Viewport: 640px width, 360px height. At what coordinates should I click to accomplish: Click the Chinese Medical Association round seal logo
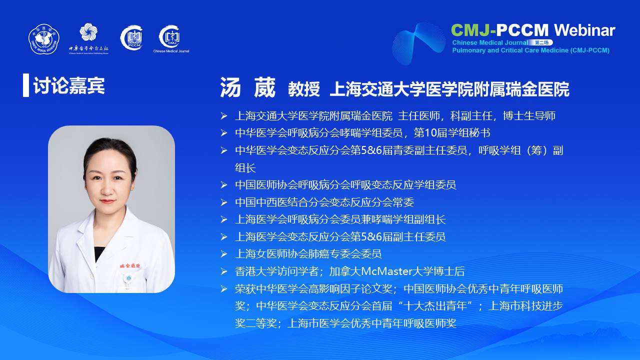(x=43, y=39)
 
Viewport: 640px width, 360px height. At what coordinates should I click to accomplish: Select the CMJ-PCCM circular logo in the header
(x=131, y=37)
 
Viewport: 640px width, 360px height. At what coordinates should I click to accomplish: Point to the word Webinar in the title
(x=585, y=30)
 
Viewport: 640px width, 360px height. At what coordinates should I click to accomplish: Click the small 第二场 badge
(x=541, y=42)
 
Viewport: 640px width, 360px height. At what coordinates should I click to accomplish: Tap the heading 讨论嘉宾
(x=69, y=85)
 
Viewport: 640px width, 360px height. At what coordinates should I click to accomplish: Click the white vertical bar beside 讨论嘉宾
(x=26, y=85)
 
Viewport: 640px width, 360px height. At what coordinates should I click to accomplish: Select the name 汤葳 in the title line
(x=247, y=87)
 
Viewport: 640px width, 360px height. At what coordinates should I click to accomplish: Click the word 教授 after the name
(x=303, y=89)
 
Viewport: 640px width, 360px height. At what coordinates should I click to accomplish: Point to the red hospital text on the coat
(x=130, y=266)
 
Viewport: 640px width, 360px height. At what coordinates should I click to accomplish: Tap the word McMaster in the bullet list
(x=386, y=271)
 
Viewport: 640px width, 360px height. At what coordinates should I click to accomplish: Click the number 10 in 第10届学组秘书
(x=431, y=133)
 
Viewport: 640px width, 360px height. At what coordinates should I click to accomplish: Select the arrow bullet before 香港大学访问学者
(x=223, y=271)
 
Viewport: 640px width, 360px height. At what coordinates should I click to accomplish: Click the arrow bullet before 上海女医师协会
(x=223, y=254)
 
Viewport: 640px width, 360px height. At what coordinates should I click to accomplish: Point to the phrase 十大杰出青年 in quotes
(x=435, y=306)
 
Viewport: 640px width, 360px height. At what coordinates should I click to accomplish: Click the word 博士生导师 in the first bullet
(x=529, y=116)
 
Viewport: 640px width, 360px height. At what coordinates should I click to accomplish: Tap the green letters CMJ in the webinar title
(x=471, y=30)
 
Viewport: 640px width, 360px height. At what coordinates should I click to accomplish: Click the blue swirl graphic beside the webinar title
(x=419, y=43)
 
